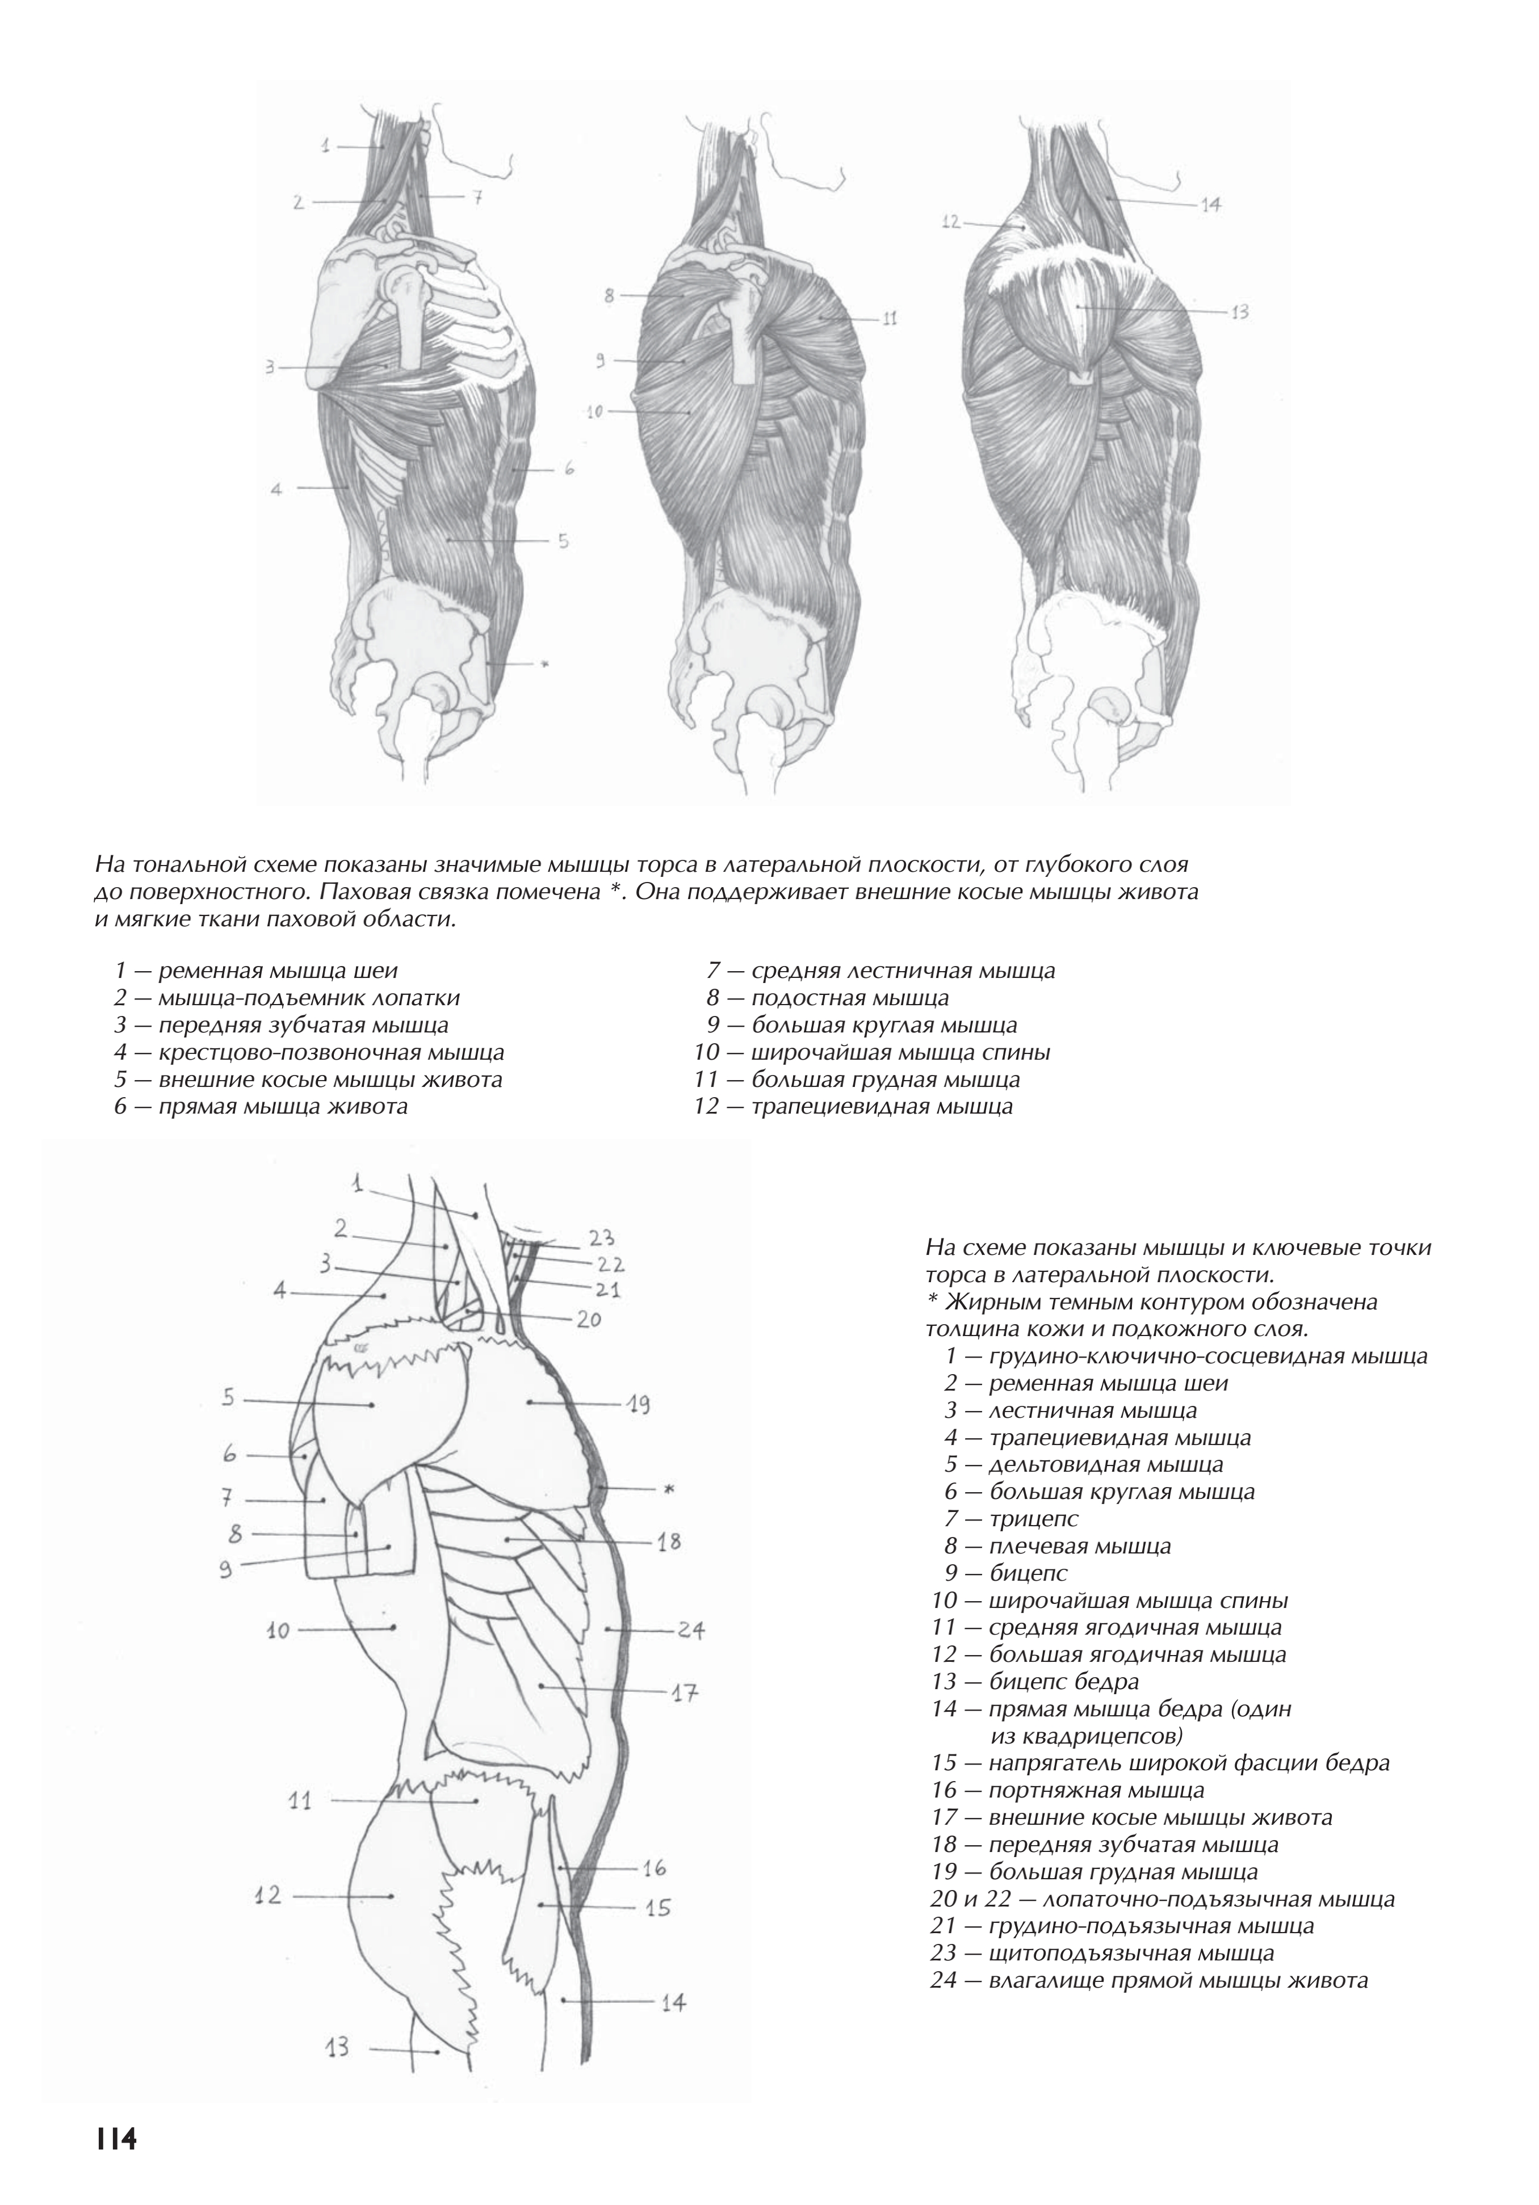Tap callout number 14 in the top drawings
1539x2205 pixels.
(x=1210, y=204)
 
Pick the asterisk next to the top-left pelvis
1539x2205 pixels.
(x=544, y=663)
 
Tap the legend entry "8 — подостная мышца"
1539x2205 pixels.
(x=827, y=998)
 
